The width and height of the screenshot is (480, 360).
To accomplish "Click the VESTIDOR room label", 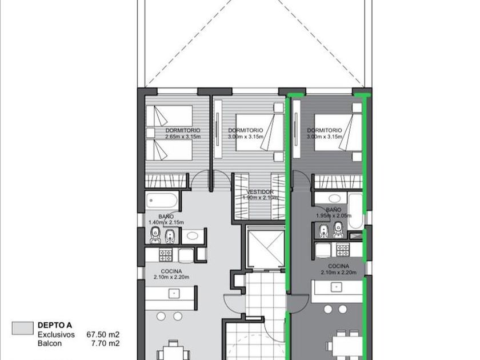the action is tap(260, 192).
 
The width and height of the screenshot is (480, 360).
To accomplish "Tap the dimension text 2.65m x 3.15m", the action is tap(183, 137).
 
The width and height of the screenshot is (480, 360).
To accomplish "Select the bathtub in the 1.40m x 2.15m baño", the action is tap(162, 200).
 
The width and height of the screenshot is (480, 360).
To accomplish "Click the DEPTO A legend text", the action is tap(55, 325).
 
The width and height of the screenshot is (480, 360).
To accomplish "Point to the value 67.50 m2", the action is tap(103, 334).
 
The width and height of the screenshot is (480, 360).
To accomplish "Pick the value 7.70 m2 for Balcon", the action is tap(106, 343).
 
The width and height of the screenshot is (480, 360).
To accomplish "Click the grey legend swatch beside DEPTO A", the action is tap(23, 328).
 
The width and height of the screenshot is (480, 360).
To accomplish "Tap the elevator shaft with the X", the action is tap(266, 247).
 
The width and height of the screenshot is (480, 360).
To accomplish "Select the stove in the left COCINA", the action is tap(166, 255).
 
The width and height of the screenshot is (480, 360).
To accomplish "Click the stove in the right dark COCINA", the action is tap(343, 250).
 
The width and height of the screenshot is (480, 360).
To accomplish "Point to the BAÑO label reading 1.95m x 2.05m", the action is tap(334, 213).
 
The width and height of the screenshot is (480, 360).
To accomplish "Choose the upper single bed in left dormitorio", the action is tap(169, 115).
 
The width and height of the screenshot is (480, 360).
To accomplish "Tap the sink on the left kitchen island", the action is tap(174, 294).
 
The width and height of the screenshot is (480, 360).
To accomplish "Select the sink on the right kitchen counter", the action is tap(336, 287).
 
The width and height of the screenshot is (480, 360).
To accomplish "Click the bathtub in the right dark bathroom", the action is tap(355, 211).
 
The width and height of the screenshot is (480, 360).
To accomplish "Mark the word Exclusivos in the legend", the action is tap(56, 334).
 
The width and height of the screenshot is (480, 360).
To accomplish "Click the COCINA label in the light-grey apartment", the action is tap(171, 271).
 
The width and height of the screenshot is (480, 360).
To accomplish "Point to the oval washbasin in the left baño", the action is tap(193, 235).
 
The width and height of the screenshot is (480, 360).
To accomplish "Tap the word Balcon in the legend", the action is tap(50, 343).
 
